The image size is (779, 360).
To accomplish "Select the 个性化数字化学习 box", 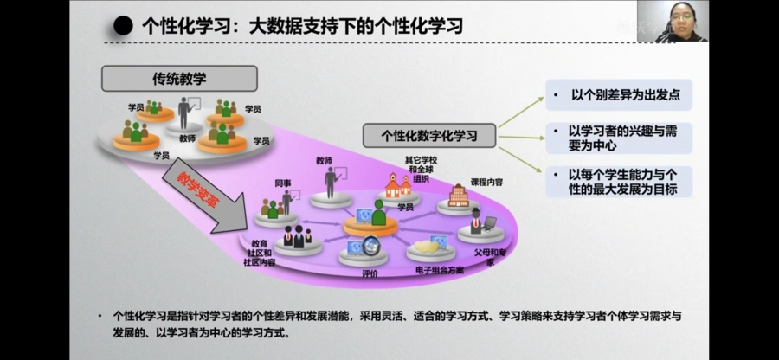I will pyautogui.click(x=428, y=136).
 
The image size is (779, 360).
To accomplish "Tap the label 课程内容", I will pyautogui.click(x=486, y=183).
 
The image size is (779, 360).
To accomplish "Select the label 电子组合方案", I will pyautogui.click(x=439, y=270).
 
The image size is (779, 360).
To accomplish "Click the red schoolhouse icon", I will pyautogui.click(x=398, y=184).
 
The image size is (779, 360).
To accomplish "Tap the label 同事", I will pyautogui.click(x=282, y=183).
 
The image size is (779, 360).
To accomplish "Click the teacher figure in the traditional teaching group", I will pyautogui.click(x=184, y=113).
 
